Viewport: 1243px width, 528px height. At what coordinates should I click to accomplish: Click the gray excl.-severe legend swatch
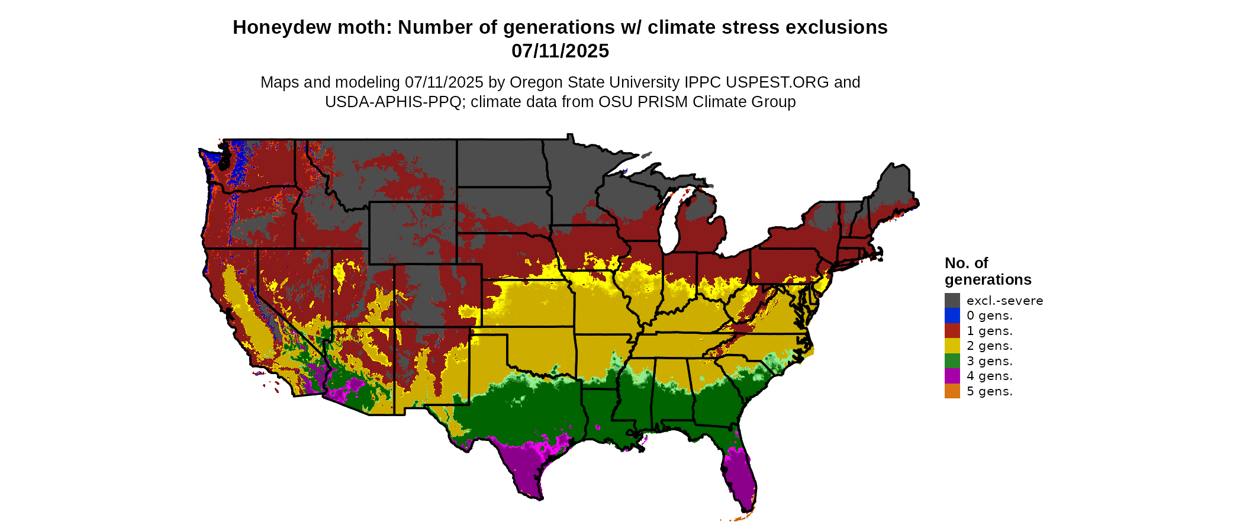(952, 300)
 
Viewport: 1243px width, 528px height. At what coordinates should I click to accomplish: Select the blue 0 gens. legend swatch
(952, 315)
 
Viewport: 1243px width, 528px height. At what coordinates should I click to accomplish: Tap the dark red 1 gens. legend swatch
(952, 330)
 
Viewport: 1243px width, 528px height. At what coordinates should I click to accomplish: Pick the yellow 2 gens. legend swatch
(952, 346)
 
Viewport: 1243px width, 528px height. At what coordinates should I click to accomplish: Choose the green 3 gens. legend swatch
(952, 360)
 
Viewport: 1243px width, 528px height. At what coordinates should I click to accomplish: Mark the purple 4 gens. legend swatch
(952, 376)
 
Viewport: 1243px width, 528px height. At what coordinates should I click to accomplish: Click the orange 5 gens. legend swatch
(952, 391)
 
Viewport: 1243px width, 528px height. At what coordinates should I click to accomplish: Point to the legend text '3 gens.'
(989, 361)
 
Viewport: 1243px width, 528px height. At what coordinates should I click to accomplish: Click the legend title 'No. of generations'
(987, 271)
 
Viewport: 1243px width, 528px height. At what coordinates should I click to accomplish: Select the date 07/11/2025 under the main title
(560, 51)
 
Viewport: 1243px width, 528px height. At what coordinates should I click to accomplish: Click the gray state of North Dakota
(500, 163)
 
